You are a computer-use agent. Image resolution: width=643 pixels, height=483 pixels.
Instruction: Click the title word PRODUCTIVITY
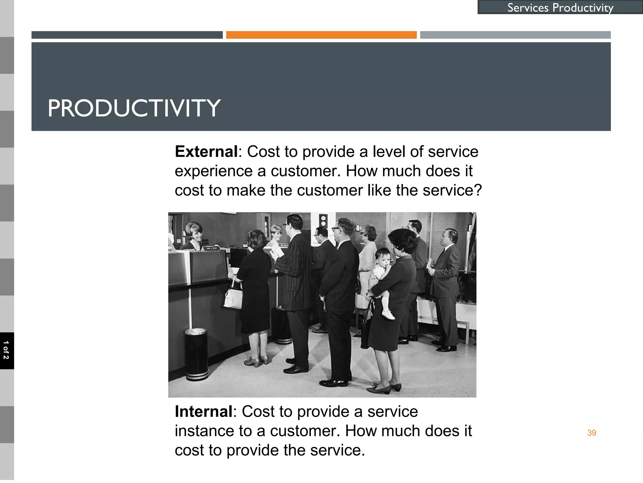[134, 108]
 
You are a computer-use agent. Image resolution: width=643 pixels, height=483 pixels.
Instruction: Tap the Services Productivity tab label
[560, 8]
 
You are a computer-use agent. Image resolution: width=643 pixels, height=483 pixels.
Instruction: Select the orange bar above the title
[321, 35]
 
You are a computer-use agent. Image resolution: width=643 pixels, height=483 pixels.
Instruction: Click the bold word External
[206, 152]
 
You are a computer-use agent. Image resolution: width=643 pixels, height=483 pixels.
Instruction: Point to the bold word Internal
[203, 412]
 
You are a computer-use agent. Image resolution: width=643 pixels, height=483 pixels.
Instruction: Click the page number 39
[592, 433]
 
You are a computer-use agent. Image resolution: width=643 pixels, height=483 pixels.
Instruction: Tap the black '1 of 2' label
[6, 350]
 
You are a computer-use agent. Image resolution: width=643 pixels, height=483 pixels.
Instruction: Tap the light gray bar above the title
[515, 35]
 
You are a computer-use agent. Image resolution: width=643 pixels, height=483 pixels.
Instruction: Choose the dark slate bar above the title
[127, 35]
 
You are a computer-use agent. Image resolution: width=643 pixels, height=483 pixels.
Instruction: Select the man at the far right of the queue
[445, 283]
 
